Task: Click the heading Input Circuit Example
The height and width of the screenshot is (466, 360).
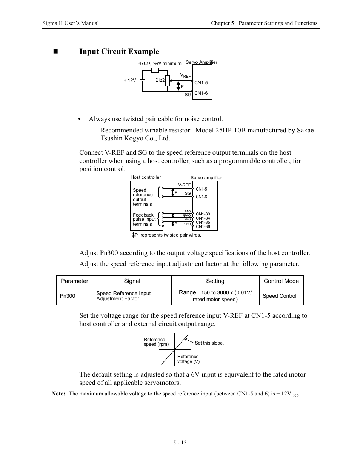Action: point(119,52)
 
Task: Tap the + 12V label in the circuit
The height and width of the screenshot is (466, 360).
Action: point(129,80)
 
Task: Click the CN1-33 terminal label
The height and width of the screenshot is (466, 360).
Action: point(203,214)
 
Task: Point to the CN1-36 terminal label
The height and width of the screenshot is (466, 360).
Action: point(203,226)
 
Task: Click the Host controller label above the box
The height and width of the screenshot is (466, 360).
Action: point(145,177)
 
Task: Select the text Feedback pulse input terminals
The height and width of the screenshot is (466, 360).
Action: point(144,220)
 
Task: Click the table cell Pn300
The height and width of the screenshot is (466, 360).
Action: point(68,296)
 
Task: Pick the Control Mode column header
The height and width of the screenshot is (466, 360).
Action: point(281,281)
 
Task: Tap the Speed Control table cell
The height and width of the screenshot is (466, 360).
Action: point(279,296)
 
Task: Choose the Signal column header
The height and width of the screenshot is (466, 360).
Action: point(132,281)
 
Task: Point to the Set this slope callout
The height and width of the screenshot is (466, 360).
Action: point(209,343)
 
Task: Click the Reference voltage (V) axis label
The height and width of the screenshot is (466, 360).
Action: point(188,359)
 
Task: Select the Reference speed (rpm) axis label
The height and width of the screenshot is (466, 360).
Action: point(156,342)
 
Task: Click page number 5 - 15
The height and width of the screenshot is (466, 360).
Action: point(180,443)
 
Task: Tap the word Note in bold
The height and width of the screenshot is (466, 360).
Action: point(58,394)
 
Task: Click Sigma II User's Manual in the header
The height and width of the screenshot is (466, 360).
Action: point(70,23)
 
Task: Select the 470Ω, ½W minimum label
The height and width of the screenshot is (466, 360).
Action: point(160,63)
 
